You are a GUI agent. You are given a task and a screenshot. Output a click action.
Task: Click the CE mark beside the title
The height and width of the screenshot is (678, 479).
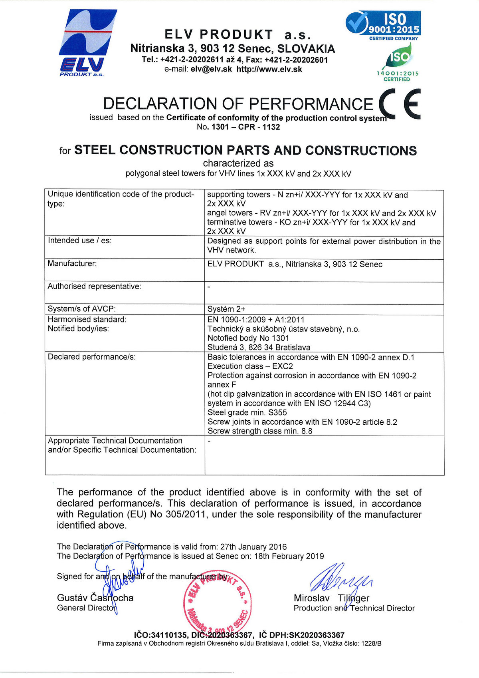[x=399, y=103]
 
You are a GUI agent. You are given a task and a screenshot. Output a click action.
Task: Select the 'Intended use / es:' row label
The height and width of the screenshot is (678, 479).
[x=80, y=241]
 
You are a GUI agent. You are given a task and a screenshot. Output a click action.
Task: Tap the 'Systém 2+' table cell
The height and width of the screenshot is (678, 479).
[x=226, y=309]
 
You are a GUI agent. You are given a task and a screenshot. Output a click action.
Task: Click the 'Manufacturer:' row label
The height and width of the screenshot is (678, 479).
[x=72, y=264]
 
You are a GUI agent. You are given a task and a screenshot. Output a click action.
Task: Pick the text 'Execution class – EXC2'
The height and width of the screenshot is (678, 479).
[x=250, y=366]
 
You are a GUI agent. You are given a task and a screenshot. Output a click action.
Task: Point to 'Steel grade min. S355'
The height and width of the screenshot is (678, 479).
[x=247, y=413]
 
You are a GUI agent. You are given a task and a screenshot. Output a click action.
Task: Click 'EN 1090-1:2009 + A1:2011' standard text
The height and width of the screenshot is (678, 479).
[x=256, y=320]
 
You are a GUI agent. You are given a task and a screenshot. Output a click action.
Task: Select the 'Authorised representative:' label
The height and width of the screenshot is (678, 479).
[x=95, y=286]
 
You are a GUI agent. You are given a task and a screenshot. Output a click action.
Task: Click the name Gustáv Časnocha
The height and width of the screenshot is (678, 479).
[x=95, y=598]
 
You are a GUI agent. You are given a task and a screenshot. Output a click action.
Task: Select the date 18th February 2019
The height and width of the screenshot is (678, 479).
[x=289, y=556]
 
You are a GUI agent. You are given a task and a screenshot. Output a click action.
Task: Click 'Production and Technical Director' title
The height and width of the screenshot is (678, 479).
[x=354, y=608]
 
